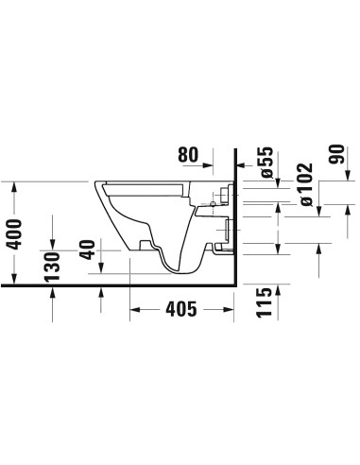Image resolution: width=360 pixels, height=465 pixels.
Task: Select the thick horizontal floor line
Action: pyautogui.click(x=113, y=283)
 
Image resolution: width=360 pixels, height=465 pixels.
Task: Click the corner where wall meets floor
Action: pyautogui.click(x=234, y=283)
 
